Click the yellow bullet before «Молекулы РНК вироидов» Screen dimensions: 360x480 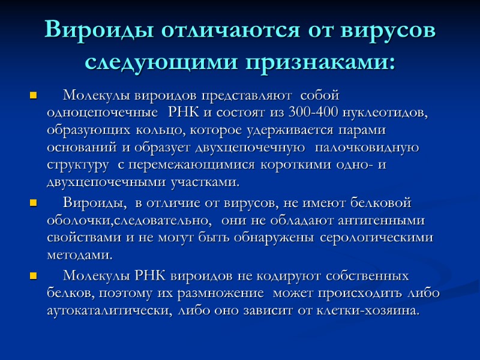pos(33,277)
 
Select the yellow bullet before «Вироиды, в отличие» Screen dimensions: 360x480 pos(33,203)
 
